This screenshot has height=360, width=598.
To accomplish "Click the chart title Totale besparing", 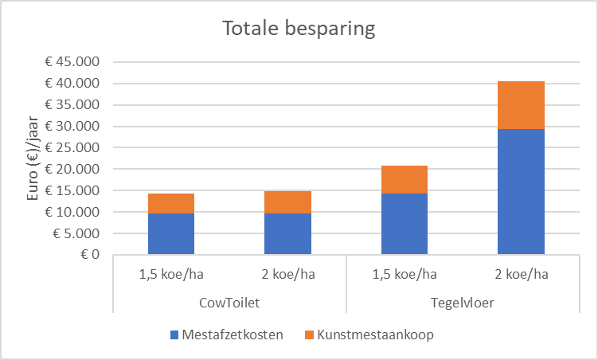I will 299,29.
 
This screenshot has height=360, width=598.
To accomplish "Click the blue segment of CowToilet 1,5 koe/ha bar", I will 171,234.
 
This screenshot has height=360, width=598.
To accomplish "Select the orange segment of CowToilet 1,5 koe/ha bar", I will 171,203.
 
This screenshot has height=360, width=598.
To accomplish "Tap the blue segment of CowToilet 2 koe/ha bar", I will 288,234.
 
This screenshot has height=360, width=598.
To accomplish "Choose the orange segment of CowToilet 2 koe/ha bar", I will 288,202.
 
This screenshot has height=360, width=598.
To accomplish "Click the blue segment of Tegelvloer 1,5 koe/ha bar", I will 405,225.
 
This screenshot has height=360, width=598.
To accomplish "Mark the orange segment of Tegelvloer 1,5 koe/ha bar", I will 405,180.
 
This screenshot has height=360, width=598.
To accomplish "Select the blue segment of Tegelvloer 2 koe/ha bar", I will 522,192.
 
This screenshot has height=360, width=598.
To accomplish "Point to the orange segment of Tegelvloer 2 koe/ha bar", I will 522,105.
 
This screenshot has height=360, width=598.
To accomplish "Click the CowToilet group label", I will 229,303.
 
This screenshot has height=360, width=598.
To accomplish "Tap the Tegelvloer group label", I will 463,303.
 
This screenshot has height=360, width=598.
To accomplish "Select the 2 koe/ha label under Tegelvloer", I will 522,276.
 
